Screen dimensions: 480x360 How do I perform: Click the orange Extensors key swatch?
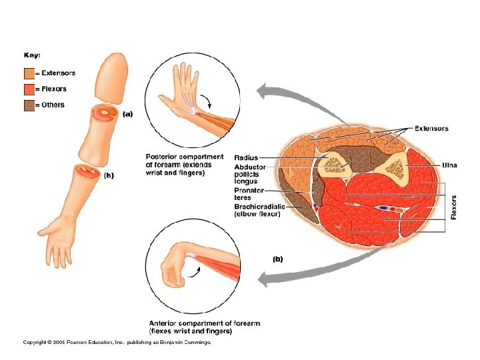click(x=29, y=73)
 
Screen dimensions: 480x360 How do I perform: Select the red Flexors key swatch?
click(x=29, y=89)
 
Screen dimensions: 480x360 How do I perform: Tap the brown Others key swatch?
click(x=29, y=105)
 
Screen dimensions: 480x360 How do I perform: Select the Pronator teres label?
click(x=249, y=193)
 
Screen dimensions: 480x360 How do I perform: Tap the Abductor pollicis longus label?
click(x=250, y=173)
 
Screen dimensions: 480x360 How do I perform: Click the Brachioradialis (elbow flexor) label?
click(x=259, y=210)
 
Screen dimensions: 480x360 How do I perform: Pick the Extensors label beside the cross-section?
click(x=431, y=129)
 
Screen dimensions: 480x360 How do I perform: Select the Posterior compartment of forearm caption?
click(x=185, y=165)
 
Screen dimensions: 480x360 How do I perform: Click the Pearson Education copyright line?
click(x=117, y=342)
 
